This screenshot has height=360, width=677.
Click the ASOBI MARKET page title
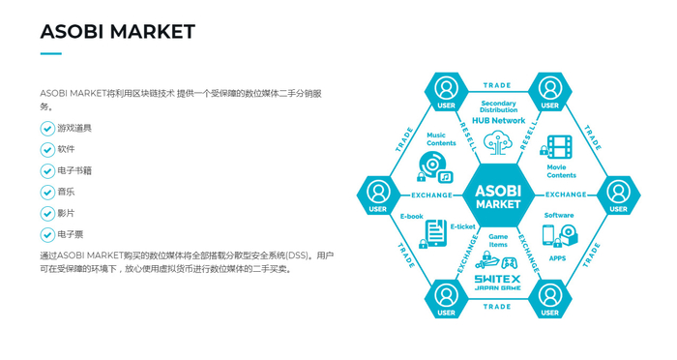117,32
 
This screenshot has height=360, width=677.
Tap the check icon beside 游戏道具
47,129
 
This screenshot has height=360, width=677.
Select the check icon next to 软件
47,150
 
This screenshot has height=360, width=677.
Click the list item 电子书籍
74,171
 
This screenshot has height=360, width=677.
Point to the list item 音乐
66,193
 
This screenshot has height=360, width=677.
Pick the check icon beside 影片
47,214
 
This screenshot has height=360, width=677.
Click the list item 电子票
70,235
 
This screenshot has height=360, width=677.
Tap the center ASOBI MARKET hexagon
498,196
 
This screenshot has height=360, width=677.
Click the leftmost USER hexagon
378,195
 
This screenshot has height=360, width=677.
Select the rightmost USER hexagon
618,195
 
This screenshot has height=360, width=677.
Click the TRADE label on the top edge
497,86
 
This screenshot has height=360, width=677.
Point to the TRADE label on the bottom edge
497,307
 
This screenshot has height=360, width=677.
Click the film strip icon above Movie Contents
558,147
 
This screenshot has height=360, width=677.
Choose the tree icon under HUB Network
498,142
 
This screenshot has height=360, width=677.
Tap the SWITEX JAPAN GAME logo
498,284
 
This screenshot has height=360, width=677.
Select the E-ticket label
463,225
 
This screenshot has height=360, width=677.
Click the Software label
559,215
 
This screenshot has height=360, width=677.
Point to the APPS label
558,258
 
